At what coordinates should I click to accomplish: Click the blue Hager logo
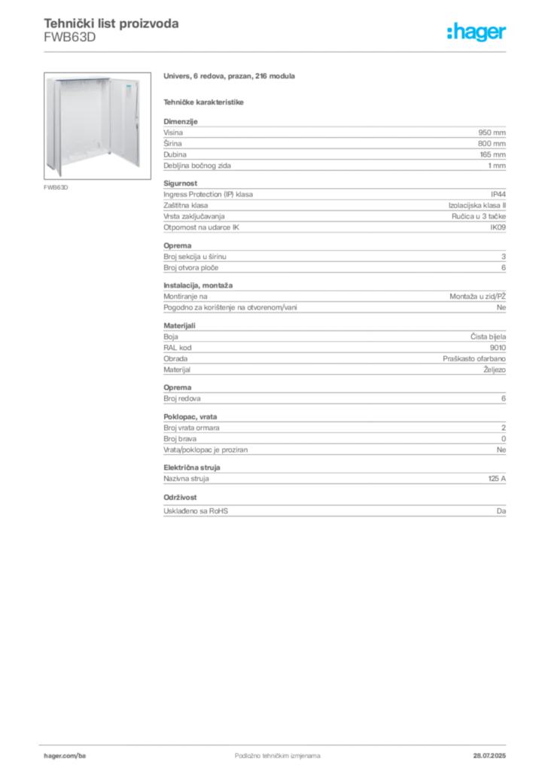tap(477, 32)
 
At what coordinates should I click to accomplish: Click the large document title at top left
tap(111, 23)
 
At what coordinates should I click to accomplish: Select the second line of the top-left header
tap(69, 43)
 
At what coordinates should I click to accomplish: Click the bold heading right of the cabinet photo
tap(232, 78)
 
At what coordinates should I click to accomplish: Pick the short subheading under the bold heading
tap(205, 101)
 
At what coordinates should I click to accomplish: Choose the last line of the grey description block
tap(333, 512)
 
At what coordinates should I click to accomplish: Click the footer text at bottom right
tap(490, 751)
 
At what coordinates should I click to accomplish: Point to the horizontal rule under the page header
tap(301, 51)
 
